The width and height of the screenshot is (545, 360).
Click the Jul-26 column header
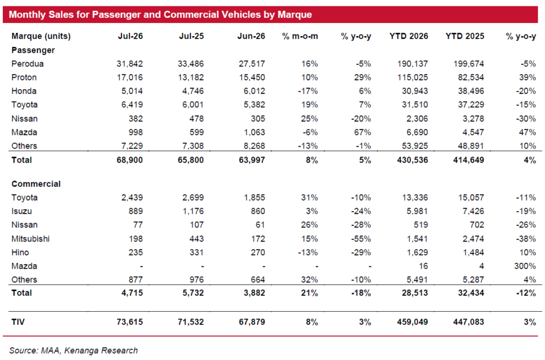click(131, 36)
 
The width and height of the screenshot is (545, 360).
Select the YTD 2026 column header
click(409, 36)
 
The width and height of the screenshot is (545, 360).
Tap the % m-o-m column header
click(300, 36)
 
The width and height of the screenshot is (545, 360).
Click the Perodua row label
click(28, 64)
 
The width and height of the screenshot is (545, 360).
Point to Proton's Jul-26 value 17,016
click(130, 77)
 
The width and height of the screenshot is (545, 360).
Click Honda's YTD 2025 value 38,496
click(471, 91)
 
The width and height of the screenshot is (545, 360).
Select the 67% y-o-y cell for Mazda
click(363, 132)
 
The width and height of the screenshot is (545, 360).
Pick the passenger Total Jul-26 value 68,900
click(130, 160)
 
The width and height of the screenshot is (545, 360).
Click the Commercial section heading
click(36, 184)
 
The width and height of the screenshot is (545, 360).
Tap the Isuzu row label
click(21, 211)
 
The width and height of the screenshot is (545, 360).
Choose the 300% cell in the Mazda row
click(525, 266)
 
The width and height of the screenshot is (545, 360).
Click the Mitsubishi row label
click(30, 239)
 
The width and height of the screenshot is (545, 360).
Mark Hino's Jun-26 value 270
click(258, 252)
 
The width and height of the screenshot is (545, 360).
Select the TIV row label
click(18, 321)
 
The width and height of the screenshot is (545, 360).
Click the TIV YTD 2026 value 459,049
click(413, 321)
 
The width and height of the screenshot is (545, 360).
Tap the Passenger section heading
click(33, 50)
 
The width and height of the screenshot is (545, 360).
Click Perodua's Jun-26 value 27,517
click(252, 64)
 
